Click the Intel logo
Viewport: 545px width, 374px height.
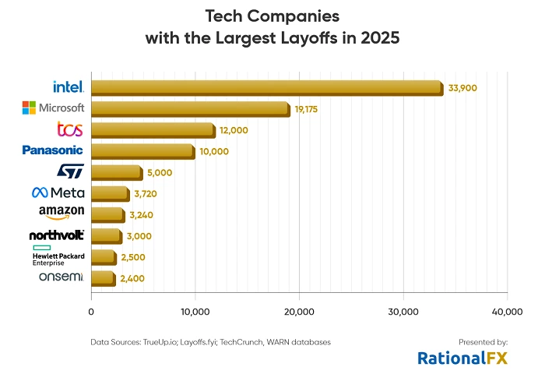(69, 86)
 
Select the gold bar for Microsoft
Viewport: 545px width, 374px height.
(190, 108)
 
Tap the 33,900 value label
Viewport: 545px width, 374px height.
(462, 88)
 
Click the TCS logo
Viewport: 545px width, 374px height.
(70, 129)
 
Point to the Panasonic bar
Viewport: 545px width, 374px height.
(142, 150)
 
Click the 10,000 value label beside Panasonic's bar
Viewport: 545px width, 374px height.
(214, 151)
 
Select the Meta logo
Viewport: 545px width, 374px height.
(58, 192)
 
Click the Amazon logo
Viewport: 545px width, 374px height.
(61, 213)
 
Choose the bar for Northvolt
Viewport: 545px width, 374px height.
(106, 235)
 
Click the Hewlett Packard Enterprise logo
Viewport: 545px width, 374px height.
(58, 256)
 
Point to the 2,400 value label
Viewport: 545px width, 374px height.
(132, 278)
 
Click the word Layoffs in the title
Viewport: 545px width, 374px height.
(304, 39)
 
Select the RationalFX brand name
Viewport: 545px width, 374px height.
(462, 358)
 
